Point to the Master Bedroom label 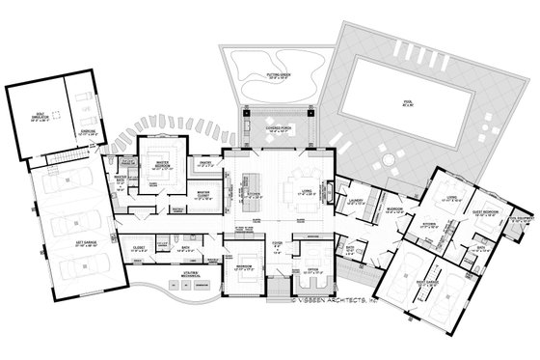(x=153, y=165)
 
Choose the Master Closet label (x=203, y=193)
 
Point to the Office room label (x=310, y=271)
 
